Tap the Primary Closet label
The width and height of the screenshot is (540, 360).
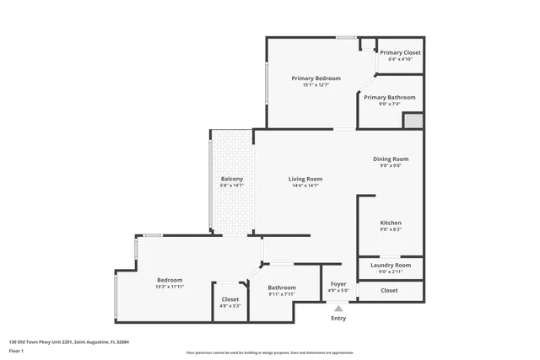399,52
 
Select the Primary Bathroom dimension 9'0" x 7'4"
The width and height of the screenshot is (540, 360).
389,104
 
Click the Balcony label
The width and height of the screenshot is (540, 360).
232,179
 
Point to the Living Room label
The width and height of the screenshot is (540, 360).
305,179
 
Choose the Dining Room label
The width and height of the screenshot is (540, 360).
391,159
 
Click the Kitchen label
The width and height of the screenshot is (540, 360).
389,223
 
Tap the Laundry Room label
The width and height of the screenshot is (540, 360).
389,265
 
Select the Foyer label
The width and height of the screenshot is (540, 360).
337,284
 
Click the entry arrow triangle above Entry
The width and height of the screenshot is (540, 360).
337,309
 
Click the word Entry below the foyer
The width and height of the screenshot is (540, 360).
337,318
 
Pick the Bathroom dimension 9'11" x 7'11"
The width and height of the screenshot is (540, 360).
282,294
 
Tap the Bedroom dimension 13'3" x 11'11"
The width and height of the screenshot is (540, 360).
169,287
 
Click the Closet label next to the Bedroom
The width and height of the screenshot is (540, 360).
230,299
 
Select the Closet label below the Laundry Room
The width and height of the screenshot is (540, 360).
389,290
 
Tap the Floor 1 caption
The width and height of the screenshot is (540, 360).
16,350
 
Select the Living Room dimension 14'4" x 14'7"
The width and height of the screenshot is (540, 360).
305,185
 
